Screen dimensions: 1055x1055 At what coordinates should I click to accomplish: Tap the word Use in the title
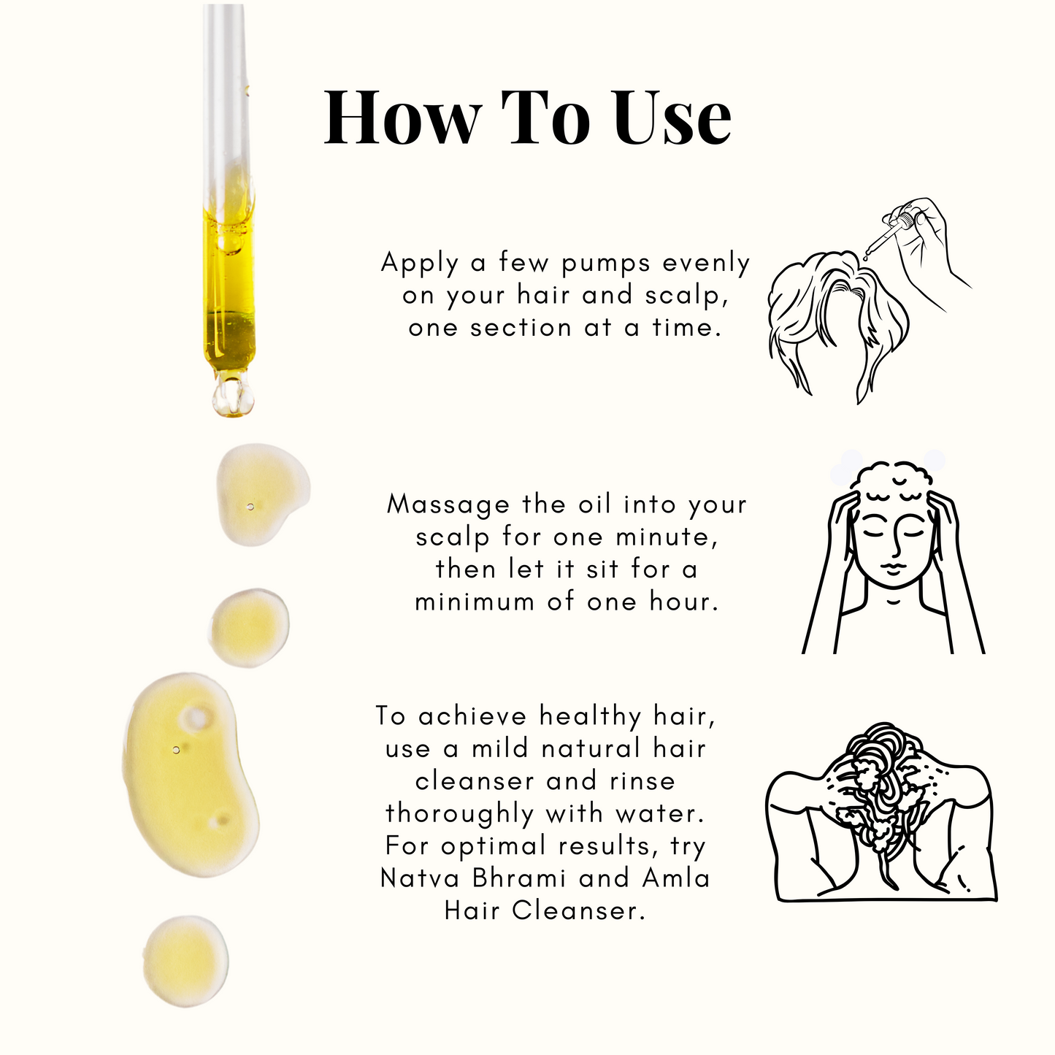672,118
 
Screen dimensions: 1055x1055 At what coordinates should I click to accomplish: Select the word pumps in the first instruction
606,264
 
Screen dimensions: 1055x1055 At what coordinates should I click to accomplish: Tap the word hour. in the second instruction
684,602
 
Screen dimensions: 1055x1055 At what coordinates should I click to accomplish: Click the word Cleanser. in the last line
579,911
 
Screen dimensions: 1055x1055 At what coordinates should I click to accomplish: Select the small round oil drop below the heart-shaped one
249,628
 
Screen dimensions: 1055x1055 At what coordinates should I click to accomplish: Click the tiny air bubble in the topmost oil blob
250,507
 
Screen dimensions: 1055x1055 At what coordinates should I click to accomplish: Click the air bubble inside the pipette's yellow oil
231,244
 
